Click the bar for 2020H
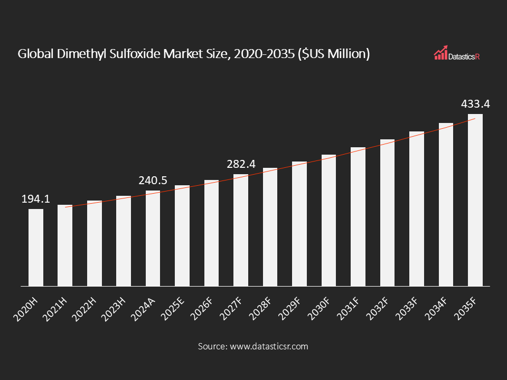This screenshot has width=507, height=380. (x=36, y=248)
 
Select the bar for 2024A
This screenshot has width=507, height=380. (x=153, y=239)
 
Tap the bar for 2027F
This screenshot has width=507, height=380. (x=241, y=230)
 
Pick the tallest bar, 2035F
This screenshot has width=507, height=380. (x=475, y=200)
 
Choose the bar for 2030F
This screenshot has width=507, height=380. (x=328, y=221)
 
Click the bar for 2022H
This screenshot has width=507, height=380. (x=95, y=243)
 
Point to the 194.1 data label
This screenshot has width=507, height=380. (x=35, y=199)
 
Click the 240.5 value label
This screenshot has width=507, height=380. (x=153, y=180)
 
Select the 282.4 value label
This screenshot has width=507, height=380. (x=241, y=164)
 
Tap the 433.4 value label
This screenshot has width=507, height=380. (x=475, y=104)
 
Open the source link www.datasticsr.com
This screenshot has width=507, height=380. (x=268, y=347)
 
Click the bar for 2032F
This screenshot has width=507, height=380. (x=387, y=213)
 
